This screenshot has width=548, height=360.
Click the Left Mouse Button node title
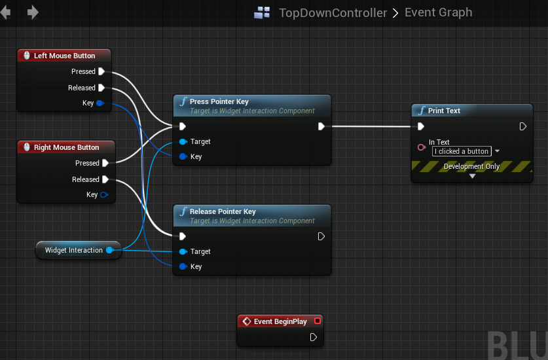pyautogui.click(x=64, y=56)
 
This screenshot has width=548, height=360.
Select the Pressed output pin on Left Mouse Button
pyautogui.click(x=101, y=71)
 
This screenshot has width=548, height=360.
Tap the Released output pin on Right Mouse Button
pyautogui.click(x=105, y=179)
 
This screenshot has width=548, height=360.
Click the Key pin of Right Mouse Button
pyautogui.click(x=104, y=194)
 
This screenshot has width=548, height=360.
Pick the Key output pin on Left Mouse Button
pyautogui.click(x=100, y=103)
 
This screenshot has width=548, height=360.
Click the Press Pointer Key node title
pyautogui.click(x=219, y=101)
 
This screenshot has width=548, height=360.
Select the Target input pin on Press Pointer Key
pyautogui.click(x=183, y=141)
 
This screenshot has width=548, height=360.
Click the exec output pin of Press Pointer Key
pyautogui.click(x=321, y=126)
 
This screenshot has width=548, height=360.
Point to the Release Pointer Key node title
pyautogui.click(x=223, y=211)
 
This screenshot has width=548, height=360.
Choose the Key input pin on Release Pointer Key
pyautogui.click(x=183, y=266)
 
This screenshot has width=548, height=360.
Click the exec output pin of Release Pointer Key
pyautogui.click(x=321, y=236)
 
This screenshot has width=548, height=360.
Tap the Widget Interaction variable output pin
pyautogui.click(x=110, y=250)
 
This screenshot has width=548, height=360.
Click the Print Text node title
pyautogui.click(x=444, y=111)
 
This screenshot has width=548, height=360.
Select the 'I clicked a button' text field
pyautogui.click(x=462, y=151)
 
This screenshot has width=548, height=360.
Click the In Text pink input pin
pyautogui.click(x=421, y=147)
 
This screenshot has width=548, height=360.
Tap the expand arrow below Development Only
pyautogui.click(x=472, y=176)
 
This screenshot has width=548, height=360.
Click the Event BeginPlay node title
pyautogui.click(x=280, y=321)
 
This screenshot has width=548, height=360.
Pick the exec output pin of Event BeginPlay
pyautogui.click(x=314, y=337)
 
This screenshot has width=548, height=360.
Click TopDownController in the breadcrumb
pyautogui.click(x=332, y=12)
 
